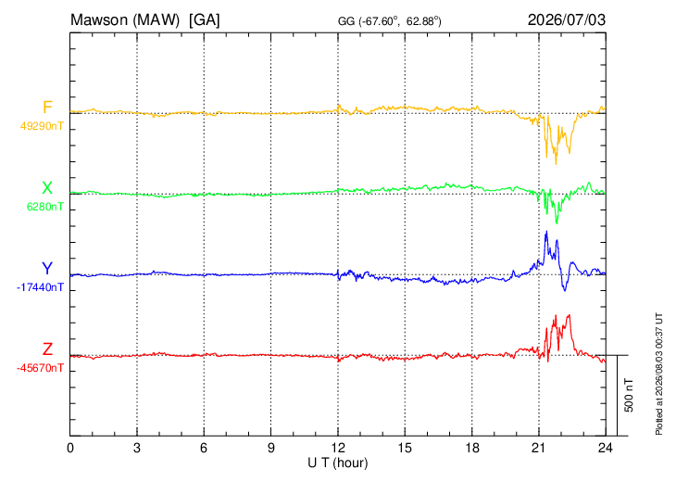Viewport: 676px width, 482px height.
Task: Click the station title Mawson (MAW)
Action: [x=125, y=20]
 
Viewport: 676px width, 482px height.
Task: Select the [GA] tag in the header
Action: [x=205, y=20]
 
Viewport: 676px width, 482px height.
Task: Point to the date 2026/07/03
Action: [x=567, y=19]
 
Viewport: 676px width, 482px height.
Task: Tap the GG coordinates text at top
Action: [x=389, y=21]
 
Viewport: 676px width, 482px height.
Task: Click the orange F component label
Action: [x=47, y=108]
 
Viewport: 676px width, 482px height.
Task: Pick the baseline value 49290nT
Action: [x=42, y=126]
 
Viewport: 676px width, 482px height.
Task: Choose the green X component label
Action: [x=47, y=188]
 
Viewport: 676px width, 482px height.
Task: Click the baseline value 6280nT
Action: [x=45, y=207]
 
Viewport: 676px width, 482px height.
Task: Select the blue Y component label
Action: [x=47, y=269]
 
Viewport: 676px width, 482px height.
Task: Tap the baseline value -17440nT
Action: [x=40, y=287]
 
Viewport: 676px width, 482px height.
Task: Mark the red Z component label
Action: [x=47, y=349]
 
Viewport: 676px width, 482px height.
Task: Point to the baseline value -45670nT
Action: [x=40, y=368]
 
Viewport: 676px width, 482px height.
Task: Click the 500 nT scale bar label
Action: [x=629, y=395]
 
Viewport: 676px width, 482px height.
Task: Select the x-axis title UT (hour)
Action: [x=338, y=463]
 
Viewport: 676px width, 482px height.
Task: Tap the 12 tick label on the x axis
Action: [x=338, y=448]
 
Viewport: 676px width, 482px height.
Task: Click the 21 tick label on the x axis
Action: [x=539, y=448]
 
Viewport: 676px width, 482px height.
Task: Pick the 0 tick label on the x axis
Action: [x=70, y=448]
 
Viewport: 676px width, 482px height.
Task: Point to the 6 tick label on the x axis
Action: [x=204, y=448]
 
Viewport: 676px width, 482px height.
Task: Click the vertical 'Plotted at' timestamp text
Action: [x=659, y=374]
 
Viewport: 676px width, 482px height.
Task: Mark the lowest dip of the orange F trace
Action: [x=556, y=164]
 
